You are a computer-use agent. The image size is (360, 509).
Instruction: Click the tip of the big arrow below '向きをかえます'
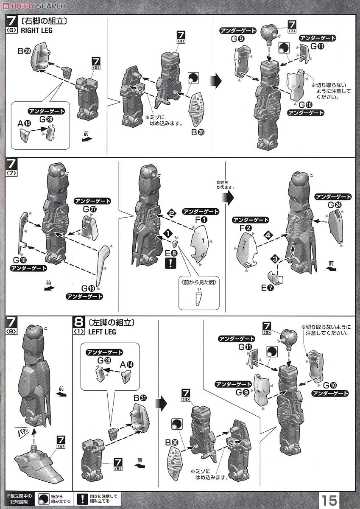point(234,198)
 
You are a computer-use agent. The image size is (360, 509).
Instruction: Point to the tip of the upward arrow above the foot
point(34,429)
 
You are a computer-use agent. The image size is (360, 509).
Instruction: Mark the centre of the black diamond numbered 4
point(268,235)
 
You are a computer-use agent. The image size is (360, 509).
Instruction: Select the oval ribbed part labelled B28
point(196,109)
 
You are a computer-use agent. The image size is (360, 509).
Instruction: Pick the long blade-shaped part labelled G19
point(103,266)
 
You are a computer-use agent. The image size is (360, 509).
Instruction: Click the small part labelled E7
point(276,278)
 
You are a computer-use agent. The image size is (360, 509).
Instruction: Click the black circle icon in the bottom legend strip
point(44,498)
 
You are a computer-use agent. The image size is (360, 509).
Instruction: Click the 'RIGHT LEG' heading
point(36,30)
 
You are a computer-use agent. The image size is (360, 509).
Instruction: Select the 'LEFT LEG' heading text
point(102,332)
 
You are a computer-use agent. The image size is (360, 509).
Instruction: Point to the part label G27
point(90,209)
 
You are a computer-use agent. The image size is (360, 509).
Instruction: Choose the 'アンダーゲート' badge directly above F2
point(250,220)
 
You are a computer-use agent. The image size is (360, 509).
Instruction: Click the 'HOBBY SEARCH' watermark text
point(34,6)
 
